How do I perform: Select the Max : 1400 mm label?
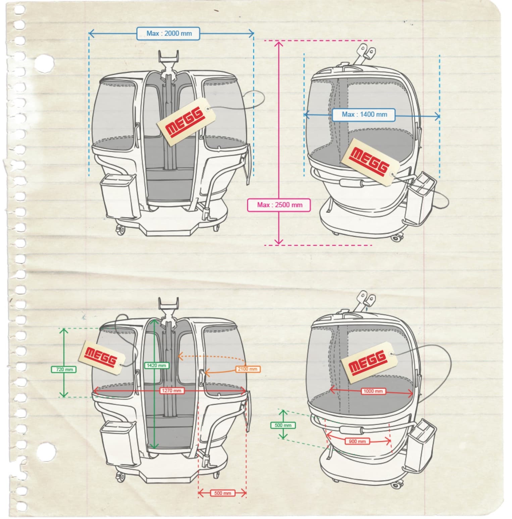(364, 115)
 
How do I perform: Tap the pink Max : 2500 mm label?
(279, 205)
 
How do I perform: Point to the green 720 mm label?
(64, 369)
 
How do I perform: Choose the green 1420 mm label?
(156, 365)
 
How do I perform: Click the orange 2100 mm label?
(247, 369)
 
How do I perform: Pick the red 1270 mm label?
(172, 391)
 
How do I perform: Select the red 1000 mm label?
(373, 391)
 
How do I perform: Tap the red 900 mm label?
(357, 442)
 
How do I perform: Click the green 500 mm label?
(283, 425)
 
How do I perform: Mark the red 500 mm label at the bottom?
(222, 493)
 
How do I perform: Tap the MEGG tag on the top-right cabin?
(369, 162)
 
